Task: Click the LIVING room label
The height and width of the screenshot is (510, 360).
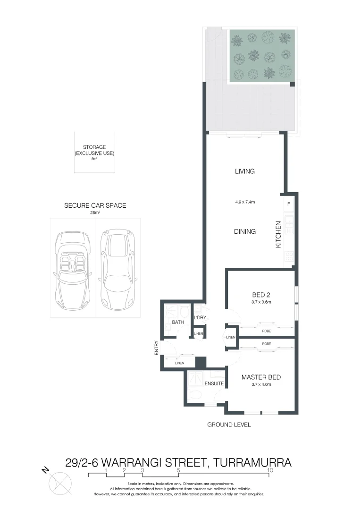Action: point(245,171)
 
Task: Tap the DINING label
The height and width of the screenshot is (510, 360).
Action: point(245,231)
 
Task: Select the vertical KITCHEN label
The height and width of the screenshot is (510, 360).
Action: point(278,235)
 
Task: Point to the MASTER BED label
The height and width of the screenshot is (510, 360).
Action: point(261,377)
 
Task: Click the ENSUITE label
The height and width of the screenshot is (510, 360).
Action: point(214,383)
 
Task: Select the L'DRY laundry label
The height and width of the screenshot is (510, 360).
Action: point(200,317)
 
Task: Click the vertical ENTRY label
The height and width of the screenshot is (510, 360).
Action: point(156,348)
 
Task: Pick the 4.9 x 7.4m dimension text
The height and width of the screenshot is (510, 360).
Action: point(245,202)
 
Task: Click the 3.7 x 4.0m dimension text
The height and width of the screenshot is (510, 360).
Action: point(261,385)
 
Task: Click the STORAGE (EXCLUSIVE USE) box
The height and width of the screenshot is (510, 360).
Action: point(94,152)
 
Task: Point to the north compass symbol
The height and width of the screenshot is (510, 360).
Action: point(60,483)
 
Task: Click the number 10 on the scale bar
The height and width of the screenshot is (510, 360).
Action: point(270,470)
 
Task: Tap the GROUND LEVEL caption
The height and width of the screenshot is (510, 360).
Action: point(229,425)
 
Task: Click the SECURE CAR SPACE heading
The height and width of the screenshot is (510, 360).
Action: point(95,206)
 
